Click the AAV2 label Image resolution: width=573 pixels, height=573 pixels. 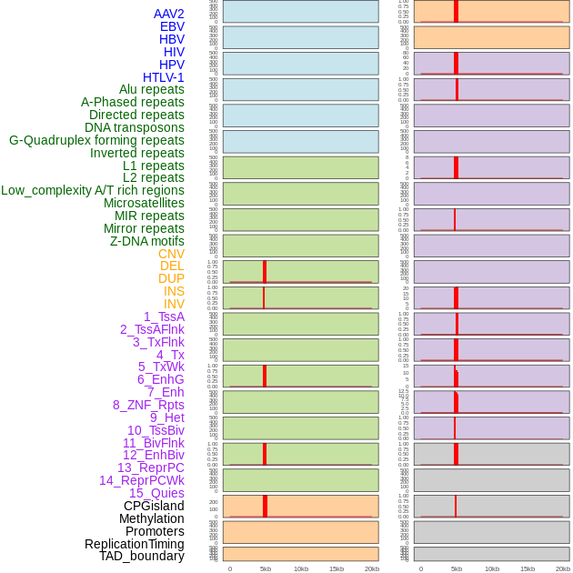(x=168, y=14)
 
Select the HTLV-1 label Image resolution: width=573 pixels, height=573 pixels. (x=163, y=77)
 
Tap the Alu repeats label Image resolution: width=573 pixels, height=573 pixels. (x=151, y=89)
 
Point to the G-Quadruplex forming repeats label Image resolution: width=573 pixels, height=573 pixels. (x=96, y=140)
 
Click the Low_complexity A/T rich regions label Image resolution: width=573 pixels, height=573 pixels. (x=93, y=190)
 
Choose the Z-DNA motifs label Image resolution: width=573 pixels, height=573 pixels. (x=146, y=241)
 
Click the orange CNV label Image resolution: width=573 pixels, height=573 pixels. (x=171, y=254)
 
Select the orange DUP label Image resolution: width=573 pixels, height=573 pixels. (x=171, y=278)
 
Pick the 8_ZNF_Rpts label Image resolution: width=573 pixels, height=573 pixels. (x=148, y=405)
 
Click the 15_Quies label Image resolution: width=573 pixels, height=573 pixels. (x=156, y=493)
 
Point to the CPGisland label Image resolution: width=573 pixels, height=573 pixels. (x=154, y=506)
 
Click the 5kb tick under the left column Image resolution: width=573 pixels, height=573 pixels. (x=266, y=568)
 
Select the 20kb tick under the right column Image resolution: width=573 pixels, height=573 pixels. (x=563, y=568)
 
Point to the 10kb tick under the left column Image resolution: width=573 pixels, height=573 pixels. (x=301, y=568)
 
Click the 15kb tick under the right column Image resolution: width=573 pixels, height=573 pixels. (x=528, y=568)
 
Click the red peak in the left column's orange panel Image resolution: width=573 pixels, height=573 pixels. (x=265, y=506)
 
